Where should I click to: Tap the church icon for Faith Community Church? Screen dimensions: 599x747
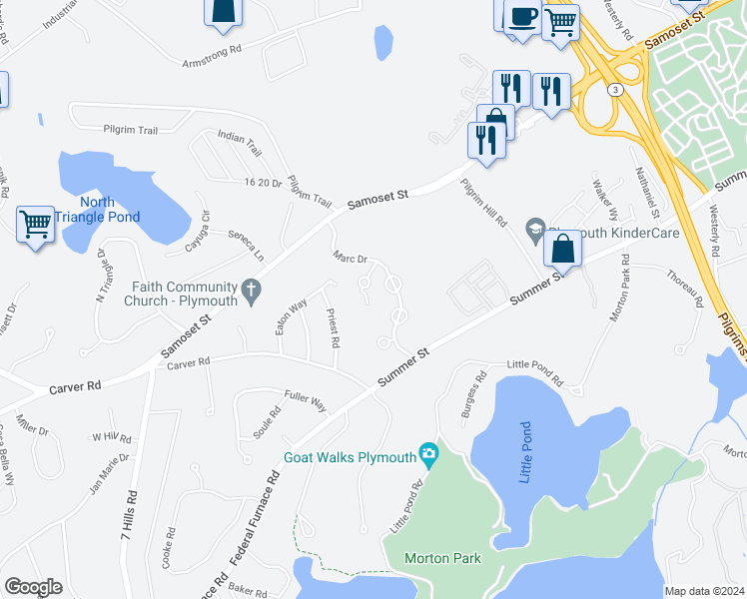pyautogui.click(x=252, y=292)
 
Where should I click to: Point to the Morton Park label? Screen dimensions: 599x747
pyautogui.click(x=443, y=558)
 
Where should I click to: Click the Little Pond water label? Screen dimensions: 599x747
pyautogui.click(x=527, y=453)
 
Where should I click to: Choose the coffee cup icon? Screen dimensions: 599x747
pyautogui.click(x=522, y=17)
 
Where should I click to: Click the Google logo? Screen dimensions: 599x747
pyautogui.click(x=33, y=587)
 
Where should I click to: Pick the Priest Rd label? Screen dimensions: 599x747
pyautogui.click(x=334, y=328)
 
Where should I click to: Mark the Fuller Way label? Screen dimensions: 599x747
pyautogui.click(x=306, y=400)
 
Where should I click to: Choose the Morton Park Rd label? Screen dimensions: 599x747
pyautogui.click(x=619, y=288)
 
